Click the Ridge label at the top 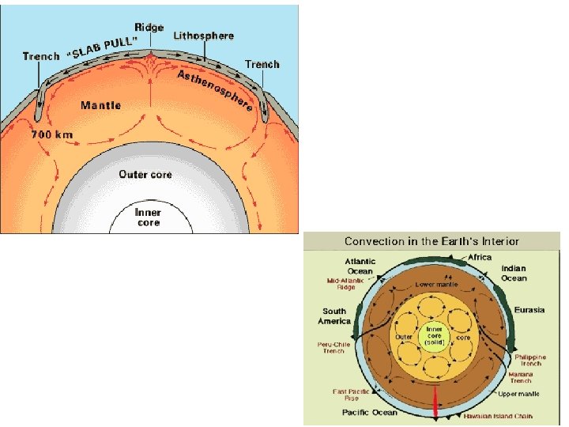point(149,28)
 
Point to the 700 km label point(52,134)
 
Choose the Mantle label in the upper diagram point(100,104)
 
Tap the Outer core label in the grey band point(145,174)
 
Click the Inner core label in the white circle point(147,217)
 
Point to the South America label point(334,316)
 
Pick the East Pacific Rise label point(347,395)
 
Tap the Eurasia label point(529,310)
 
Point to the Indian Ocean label point(514,274)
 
